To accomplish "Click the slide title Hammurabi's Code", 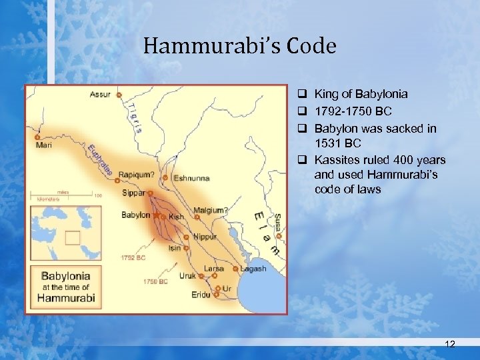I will pos(239,46).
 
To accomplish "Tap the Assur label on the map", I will pos(101,95).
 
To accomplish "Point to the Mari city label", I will pos(45,145).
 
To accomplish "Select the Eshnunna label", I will pos(191,178).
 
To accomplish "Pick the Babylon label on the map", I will pos(136,215).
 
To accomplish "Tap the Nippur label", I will pos(205,236).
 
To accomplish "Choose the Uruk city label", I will pos(187,275).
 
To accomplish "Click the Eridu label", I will pos(200,294).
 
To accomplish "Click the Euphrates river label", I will pos(99,159).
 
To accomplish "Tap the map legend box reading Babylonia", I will pos(65,286).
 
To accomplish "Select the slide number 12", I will pos(450,343).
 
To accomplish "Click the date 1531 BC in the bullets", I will pos(337,144).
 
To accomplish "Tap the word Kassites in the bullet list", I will pos(338,160).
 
